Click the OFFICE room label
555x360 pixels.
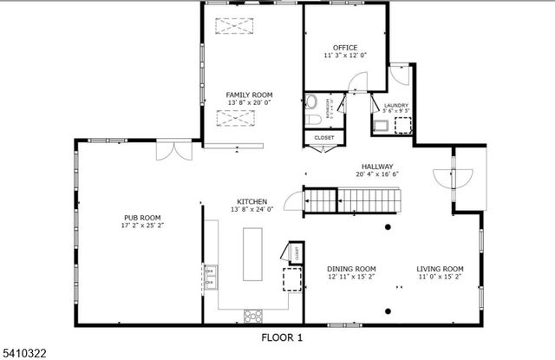(345, 48)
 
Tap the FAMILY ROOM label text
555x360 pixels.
(249, 95)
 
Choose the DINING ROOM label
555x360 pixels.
(351, 269)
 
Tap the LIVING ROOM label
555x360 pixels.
(440, 269)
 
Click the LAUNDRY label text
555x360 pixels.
(395, 106)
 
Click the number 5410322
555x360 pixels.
(23, 351)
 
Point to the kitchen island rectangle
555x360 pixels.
(253, 253)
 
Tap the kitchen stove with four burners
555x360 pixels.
(253, 315)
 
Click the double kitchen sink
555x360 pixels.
(211, 278)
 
